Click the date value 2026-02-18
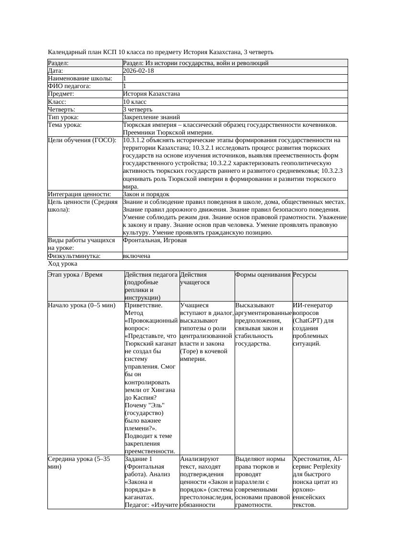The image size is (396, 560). coord(138,70)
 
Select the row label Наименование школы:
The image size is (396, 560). coord(80,78)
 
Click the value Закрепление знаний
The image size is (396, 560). coord(151,117)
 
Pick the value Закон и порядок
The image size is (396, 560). coord(146,194)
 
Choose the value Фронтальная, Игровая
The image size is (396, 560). coord(155,240)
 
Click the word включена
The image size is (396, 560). coord(136,256)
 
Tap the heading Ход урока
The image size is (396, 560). coord(63,264)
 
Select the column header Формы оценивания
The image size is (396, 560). coord(263,275)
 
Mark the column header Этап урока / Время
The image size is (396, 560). coord(75,275)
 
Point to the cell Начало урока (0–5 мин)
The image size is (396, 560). coord(82,305)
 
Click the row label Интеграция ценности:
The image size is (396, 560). coord(79,194)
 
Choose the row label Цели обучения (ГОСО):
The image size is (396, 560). coord(82,140)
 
